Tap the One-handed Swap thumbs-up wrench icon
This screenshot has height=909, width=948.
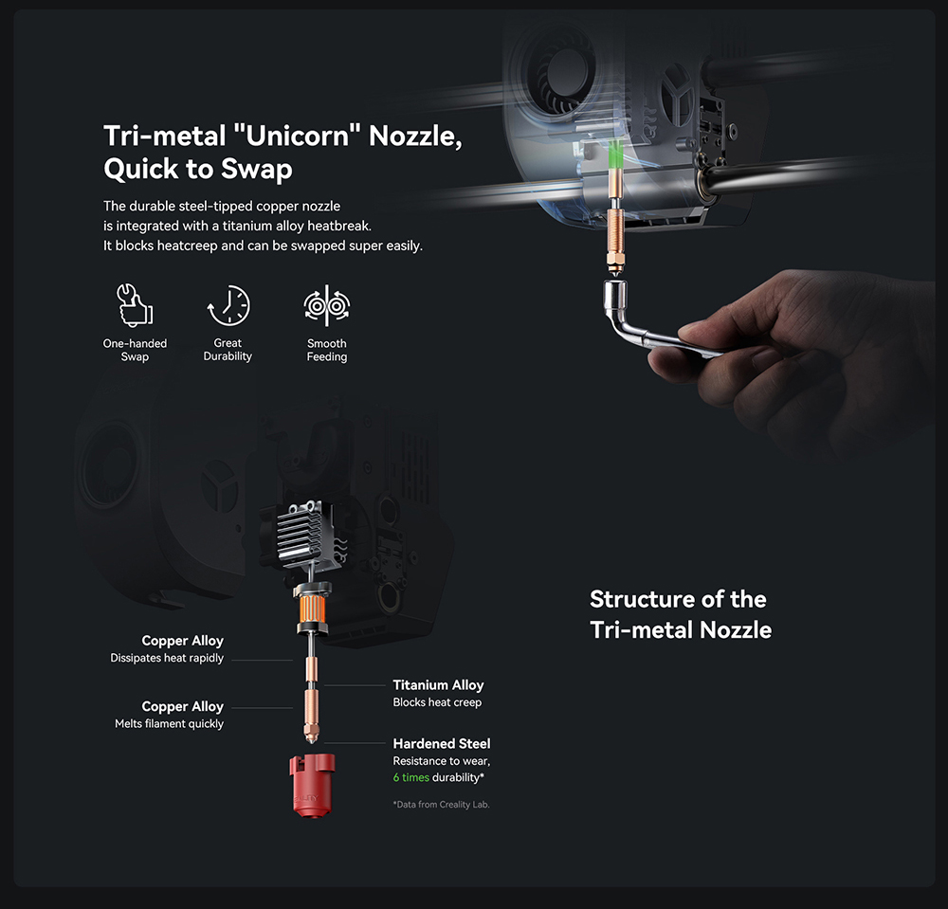point(135,305)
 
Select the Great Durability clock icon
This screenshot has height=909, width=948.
point(228,306)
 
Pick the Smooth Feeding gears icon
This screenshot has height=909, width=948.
point(326,306)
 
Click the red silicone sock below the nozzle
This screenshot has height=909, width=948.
point(312,784)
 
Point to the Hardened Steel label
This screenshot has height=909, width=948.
point(442,743)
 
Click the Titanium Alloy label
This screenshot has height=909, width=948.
point(438,684)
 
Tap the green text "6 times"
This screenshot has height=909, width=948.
point(411,777)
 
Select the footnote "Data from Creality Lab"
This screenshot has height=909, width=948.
point(442,805)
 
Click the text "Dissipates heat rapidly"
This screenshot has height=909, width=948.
point(167,658)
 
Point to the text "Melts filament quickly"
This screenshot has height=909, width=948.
point(170,723)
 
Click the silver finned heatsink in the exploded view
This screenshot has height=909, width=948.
point(300,531)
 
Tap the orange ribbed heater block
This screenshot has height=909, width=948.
point(312,609)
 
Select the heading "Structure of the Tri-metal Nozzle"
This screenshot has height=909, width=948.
point(681,614)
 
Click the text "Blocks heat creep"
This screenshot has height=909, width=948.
point(437,702)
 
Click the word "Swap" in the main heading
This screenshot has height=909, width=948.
point(256,170)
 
